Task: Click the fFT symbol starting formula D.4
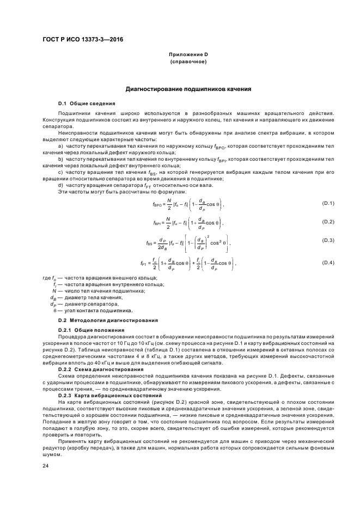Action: point(144,264)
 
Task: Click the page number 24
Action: point(46,466)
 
